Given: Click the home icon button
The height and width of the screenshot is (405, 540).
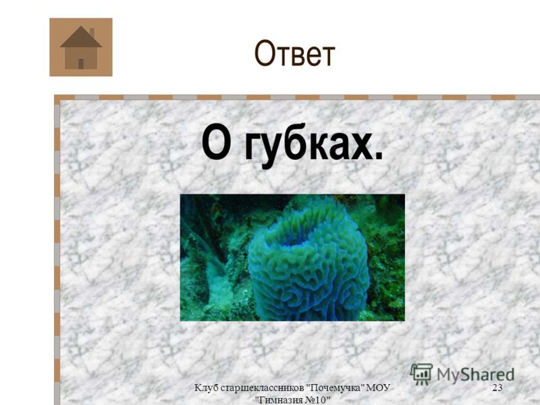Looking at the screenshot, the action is pyautogui.click(x=81, y=47).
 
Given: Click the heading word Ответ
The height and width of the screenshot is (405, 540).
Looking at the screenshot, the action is pyautogui.click(x=294, y=53).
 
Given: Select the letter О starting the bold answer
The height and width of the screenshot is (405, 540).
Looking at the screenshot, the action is pyautogui.click(x=216, y=142).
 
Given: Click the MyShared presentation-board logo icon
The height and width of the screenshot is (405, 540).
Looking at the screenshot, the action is pyautogui.click(x=421, y=374).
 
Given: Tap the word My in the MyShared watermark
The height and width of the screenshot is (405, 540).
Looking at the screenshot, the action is pyautogui.click(x=448, y=375).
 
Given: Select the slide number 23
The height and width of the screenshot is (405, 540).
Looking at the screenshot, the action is pyautogui.click(x=497, y=387).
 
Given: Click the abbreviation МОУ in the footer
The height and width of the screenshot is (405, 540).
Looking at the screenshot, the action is pyautogui.click(x=378, y=387).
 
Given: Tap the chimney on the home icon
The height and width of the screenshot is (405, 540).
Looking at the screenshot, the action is pyautogui.click(x=92, y=32).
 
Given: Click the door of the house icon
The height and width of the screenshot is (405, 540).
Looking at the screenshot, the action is pyautogui.click(x=81, y=63).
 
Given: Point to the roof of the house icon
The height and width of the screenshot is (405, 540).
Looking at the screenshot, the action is pyautogui.click(x=81, y=36).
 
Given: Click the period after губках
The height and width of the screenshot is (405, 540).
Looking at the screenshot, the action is pyautogui.click(x=379, y=156).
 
